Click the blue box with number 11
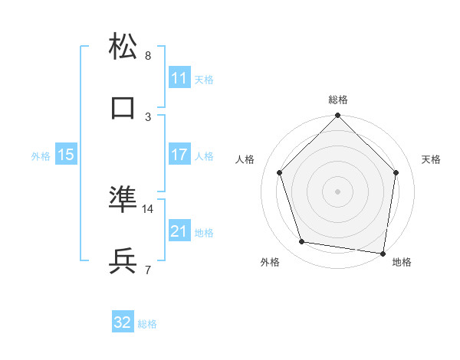[179, 78]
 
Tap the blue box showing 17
[179, 155]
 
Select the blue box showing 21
[179, 231]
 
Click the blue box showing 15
[66, 155]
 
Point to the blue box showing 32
[123, 322]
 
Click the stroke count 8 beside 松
[148, 56]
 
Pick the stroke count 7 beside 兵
[148, 270]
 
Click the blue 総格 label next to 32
[148, 324]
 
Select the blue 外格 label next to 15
[41, 156]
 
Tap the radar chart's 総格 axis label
[338, 100]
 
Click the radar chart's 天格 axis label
[432, 160]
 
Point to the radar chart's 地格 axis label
[402, 263]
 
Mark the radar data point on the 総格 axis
[338, 116]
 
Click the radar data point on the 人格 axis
[280, 172]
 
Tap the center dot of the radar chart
[338, 191]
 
